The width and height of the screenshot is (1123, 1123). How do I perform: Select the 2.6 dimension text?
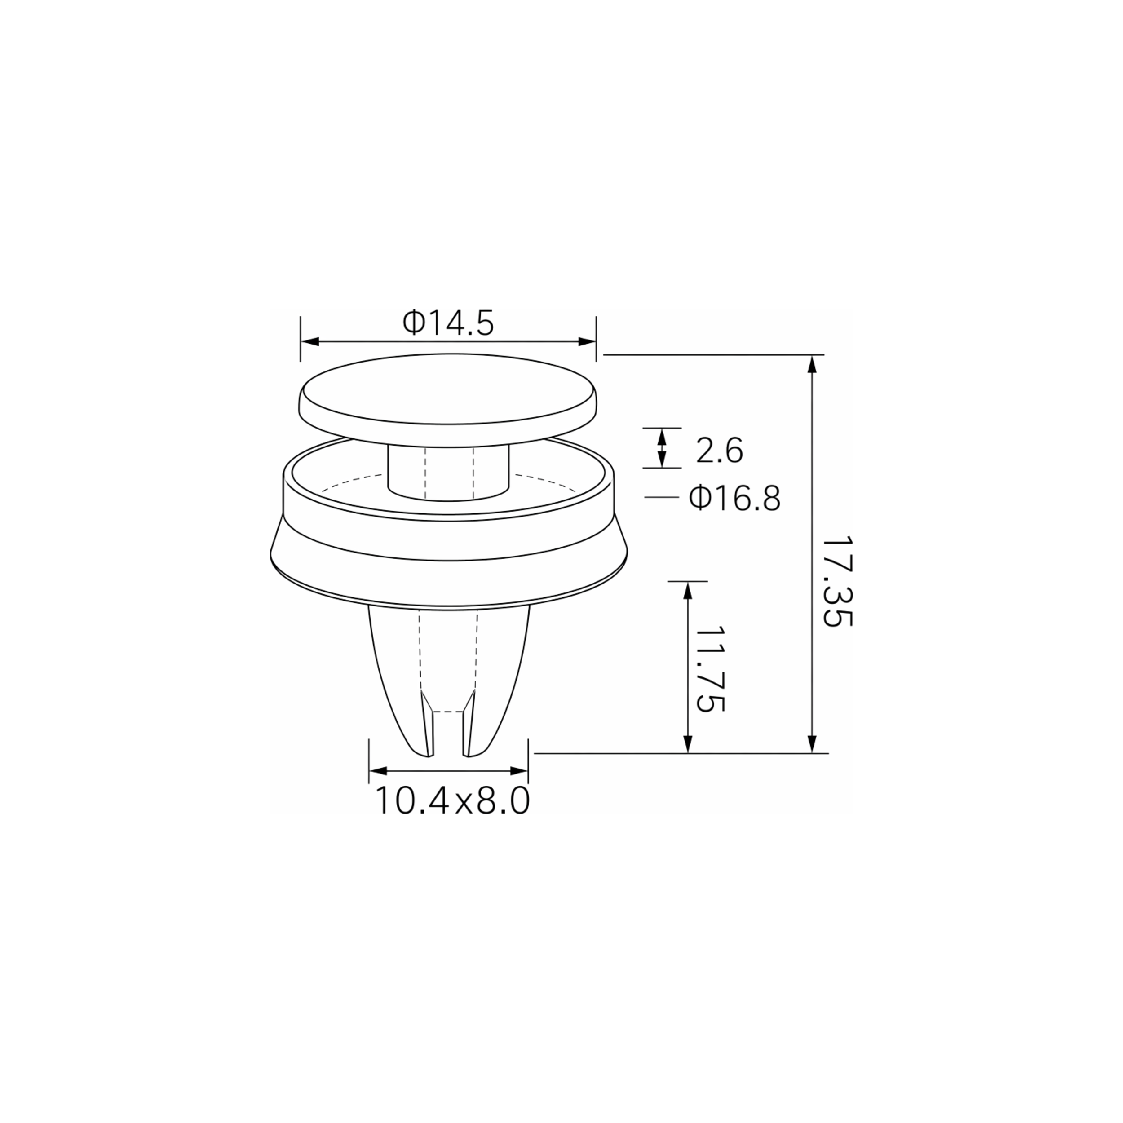(720, 451)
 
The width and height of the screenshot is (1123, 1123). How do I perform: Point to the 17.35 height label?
(837, 581)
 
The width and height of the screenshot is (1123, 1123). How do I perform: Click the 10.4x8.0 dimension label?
(452, 801)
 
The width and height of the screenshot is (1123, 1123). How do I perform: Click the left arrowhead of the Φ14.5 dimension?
(310, 342)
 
